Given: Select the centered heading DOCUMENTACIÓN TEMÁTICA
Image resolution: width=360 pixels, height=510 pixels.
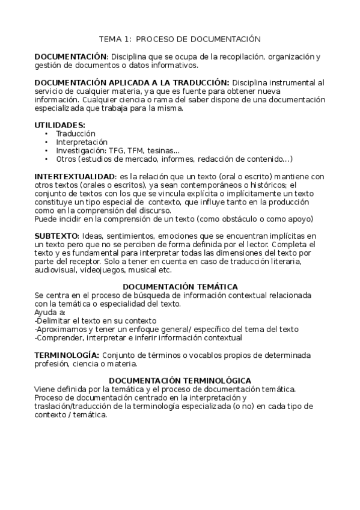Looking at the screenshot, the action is (180, 287).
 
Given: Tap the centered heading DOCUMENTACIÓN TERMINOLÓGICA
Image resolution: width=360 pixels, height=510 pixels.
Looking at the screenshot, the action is (180, 381).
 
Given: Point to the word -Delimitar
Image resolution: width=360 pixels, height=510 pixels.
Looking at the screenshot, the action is (52, 321).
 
